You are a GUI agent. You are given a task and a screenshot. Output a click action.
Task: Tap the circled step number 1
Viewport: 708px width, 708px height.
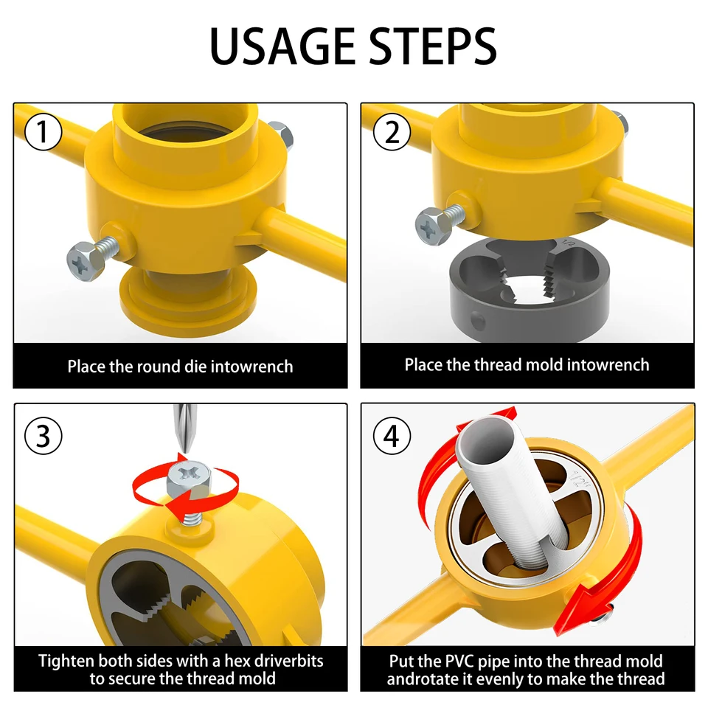tap(44, 133)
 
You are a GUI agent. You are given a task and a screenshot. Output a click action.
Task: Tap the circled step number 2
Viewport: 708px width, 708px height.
tap(392, 133)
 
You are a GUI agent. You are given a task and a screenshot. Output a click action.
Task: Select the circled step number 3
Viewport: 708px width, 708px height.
tap(44, 435)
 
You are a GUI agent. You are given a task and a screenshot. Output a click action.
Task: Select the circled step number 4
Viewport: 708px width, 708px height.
tap(392, 435)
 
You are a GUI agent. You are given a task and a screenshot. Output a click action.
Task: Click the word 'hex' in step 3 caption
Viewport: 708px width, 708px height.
tap(230, 661)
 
